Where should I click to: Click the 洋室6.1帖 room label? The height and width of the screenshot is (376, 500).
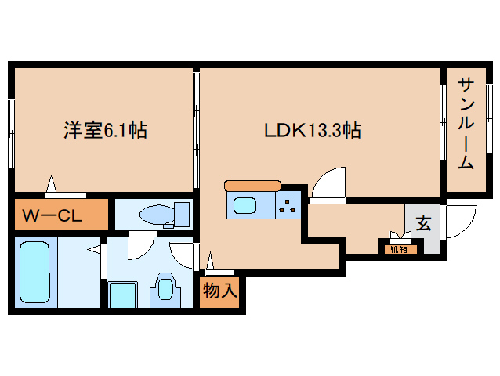pyautogui.click(x=105, y=130)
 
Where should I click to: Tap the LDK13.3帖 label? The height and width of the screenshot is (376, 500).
pyautogui.click(x=313, y=130)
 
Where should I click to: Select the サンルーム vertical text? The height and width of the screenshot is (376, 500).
pyautogui.click(x=466, y=124)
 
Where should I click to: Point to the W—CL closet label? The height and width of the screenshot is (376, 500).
pyautogui.click(x=52, y=215)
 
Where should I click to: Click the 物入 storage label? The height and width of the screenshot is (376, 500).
pyautogui.click(x=220, y=291)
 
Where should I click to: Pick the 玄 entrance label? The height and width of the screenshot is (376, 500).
pyautogui.click(x=423, y=223)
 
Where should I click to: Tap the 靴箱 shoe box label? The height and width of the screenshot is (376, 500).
pyautogui.click(x=399, y=250)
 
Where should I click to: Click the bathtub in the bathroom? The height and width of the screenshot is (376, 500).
pyautogui.click(x=35, y=272)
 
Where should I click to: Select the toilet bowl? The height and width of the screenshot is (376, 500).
pyautogui.click(x=157, y=214)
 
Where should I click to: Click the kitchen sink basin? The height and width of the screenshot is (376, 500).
pyautogui.click(x=245, y=205)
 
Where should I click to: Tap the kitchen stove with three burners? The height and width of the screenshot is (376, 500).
pyautogui.click(x=288, y=205)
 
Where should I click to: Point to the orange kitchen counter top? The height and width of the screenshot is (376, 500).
pyautogui.click(x=252, y=186)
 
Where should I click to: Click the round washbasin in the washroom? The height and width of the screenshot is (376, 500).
pyautogui.click(x=165, y=289)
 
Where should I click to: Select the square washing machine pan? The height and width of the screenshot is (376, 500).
pyautogui.click(x=123, y=295)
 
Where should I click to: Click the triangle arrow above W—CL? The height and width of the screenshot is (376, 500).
pyautogui.click(x=51, y=184)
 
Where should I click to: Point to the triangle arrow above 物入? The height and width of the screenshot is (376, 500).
pyautogui.click(x=210, y=262)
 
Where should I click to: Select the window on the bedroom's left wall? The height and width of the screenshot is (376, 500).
pyautogui.click(x=11, y=133)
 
